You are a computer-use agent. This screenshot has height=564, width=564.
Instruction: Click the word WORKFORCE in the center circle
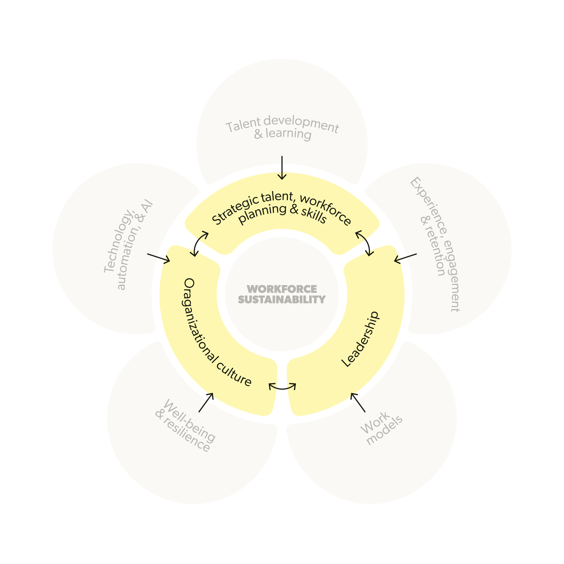[282, 289]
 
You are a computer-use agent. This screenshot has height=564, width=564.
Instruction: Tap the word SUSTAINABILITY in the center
[282, 299]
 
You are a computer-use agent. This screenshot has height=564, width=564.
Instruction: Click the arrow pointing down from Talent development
[282, 168]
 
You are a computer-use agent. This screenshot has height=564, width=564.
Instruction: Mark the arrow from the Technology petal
[158, 258]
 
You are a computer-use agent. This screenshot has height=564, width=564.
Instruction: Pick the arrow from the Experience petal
[405, 258]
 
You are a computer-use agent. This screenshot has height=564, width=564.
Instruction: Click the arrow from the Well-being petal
[206, 403]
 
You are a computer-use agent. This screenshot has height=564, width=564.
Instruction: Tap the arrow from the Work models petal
[358, 403]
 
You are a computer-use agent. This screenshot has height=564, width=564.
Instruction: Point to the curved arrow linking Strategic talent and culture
[200, 244]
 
